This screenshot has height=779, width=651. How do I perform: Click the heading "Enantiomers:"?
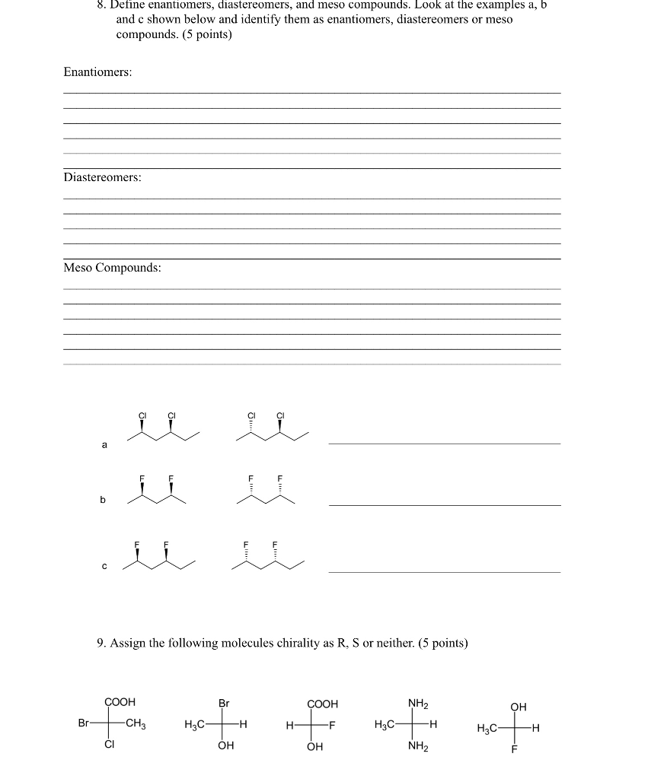[97, 72]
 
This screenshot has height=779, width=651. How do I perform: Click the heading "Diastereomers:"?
[102, 177]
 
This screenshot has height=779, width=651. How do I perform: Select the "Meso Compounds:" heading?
[112, 268]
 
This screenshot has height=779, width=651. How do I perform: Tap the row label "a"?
[104, 444]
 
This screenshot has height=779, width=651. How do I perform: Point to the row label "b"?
[103, 500]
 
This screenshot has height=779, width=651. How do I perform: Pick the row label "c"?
[104, 566]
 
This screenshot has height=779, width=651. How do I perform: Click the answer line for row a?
[444, 442]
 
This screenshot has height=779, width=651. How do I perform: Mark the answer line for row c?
[444, 571]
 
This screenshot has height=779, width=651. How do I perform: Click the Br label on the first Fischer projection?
[84, 723]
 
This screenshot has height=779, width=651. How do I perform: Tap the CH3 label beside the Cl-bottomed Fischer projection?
[136, 724]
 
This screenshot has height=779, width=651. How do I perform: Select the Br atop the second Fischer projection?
[224, 703]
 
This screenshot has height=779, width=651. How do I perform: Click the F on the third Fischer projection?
[332, 725]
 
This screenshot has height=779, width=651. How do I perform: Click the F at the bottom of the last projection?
[514, 750]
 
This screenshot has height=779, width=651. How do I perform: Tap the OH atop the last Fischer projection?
[518, 707]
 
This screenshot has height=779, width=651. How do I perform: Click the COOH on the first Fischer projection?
[120, 702]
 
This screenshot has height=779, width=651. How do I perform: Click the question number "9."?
[102, 643]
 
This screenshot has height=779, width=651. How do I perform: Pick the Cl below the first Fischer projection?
[110, 746]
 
